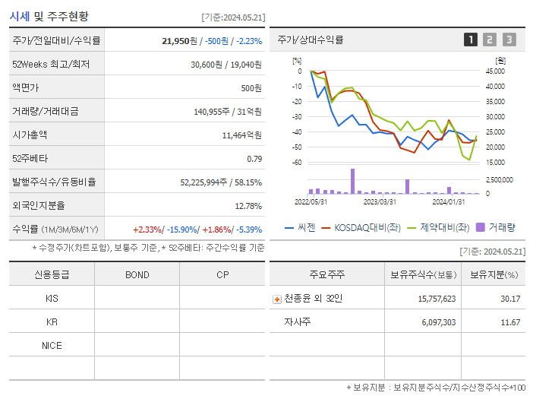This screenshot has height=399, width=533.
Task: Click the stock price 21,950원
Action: pos(180,41)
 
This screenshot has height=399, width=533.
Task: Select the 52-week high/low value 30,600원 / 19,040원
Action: pos(226,65)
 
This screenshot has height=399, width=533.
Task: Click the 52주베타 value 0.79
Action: pos(254,159)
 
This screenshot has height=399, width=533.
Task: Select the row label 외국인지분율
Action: pos(39,206)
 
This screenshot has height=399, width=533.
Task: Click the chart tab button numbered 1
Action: pos(471,40)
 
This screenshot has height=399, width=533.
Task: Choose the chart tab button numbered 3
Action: pos(509,40)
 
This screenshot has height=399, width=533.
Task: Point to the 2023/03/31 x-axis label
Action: pos(380,201)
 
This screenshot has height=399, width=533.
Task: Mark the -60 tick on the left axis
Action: pos(298,163)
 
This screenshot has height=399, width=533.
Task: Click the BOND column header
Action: pos(137,274)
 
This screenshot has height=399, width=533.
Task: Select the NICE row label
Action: pos(52,345)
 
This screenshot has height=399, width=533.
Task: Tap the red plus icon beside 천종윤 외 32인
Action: pos(277,299)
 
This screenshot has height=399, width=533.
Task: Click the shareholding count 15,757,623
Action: pos(437,299)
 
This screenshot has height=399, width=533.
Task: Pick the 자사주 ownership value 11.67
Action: pos(509,322)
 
